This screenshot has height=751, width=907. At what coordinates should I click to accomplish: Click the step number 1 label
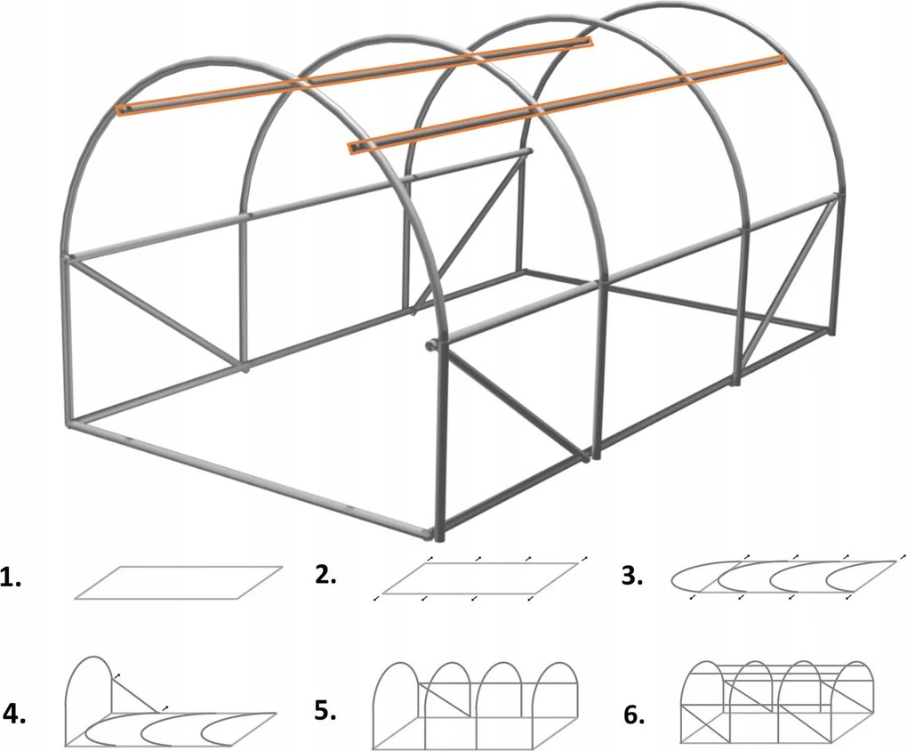[12, 579]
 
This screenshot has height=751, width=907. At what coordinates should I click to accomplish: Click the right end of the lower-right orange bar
[779, 60]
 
